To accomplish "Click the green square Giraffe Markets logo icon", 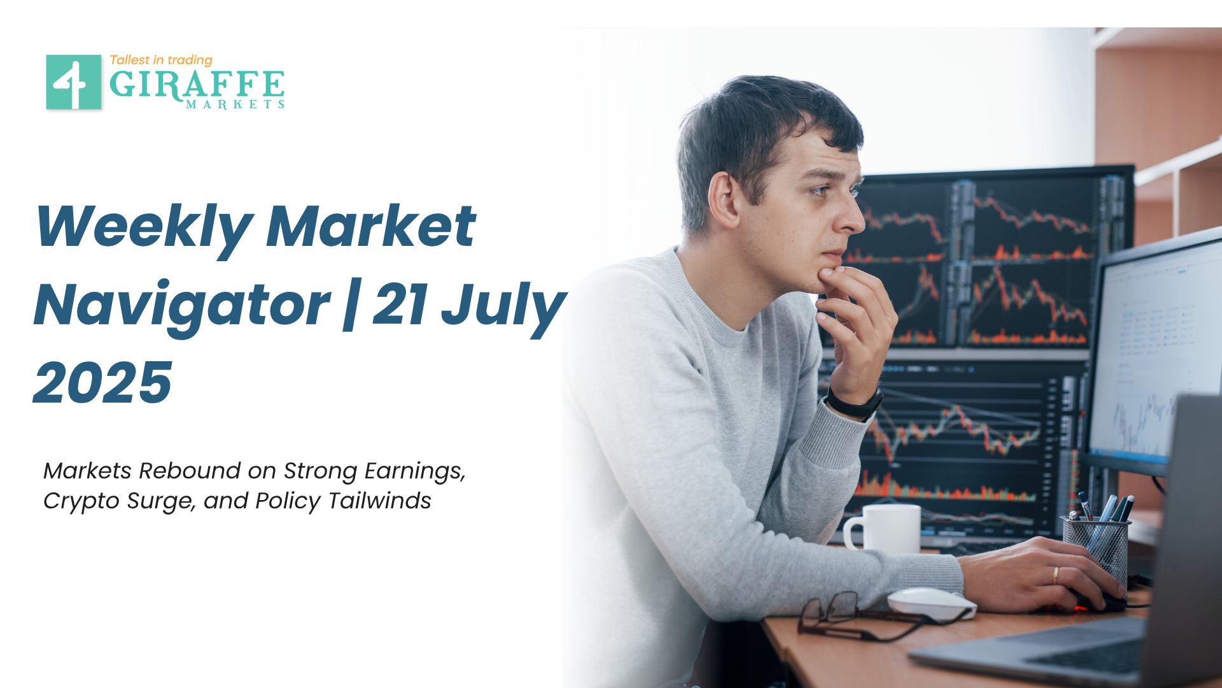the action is tap(74, 82).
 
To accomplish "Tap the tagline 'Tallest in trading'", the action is tap(161, 60).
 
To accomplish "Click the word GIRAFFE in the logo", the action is tap(197, 85).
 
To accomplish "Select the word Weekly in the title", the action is tap(145, 227).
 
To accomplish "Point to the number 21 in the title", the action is tap(400, 305).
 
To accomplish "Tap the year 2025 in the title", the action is tap(103, 383).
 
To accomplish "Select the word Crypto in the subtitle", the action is tap(81, 501).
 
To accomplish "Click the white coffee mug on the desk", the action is tap(883, 528).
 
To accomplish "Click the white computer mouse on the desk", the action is tap(931, 603).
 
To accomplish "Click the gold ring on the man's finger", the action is tap(1055, 575).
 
